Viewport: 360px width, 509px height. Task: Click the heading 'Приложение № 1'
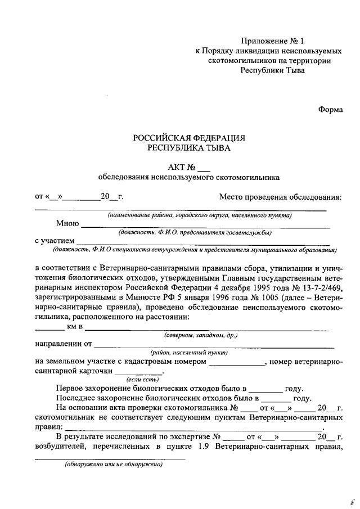[x=271, y=40]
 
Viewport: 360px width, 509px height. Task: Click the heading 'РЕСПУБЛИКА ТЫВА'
[x=189, y=148]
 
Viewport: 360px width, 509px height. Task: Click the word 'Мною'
[x=67, y=223]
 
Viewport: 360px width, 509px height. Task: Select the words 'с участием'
[x=54, y=241]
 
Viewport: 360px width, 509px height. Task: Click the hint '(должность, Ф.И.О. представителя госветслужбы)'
[x=195, y=232]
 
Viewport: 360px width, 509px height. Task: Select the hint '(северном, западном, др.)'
[x=201, y=335]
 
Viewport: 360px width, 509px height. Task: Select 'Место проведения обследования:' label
[x=280, y=197]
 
